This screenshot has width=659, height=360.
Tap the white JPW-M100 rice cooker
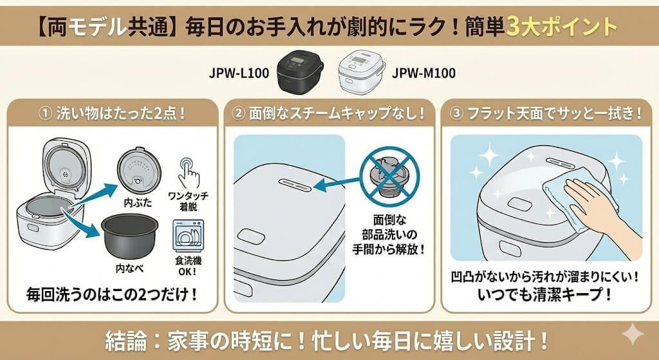click(360, 72)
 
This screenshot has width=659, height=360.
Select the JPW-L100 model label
click(239, 73)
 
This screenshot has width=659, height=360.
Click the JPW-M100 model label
click(424, 73)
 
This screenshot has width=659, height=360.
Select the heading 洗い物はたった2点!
click(112, 113)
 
